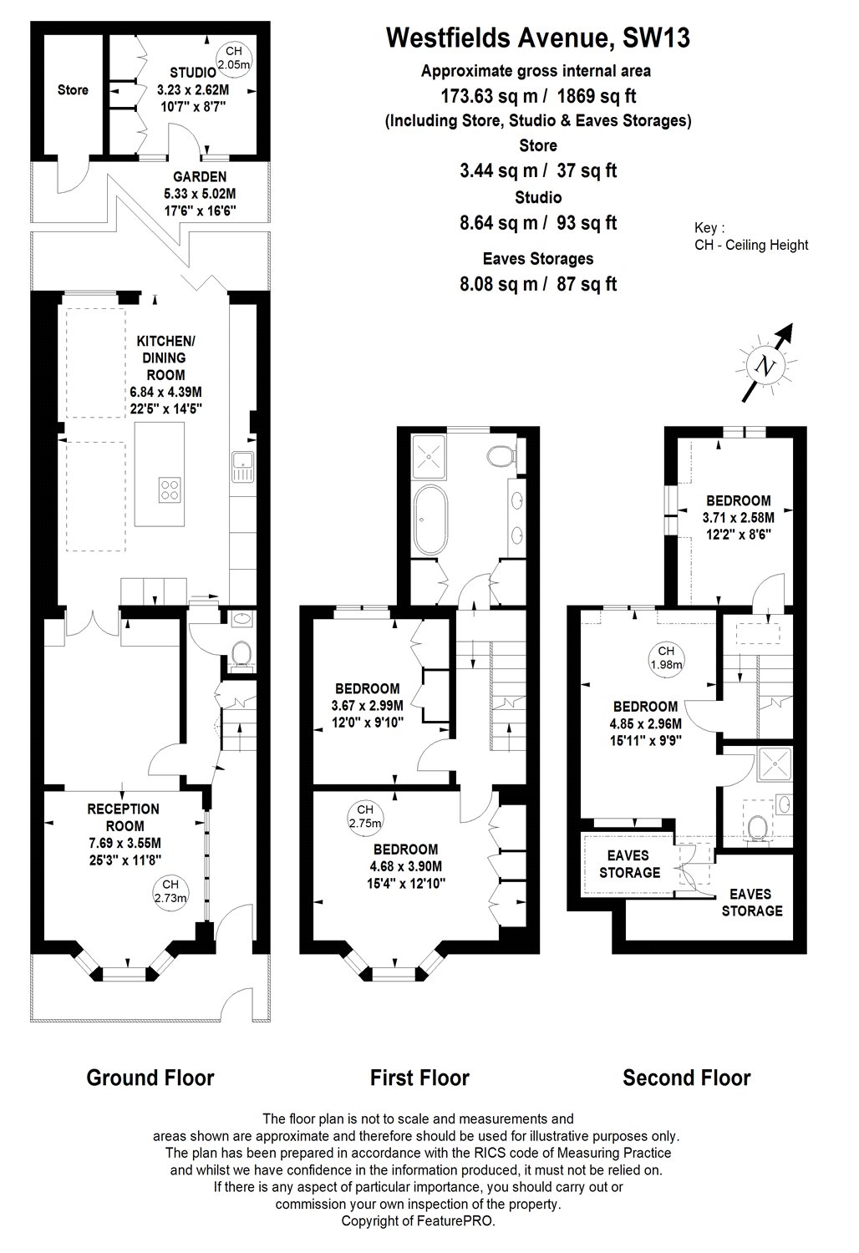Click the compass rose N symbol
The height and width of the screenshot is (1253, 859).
tap(762, 365)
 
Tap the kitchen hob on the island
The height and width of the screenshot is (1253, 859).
tap(170, 489)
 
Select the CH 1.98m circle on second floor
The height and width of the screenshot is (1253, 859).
tap(665, 658)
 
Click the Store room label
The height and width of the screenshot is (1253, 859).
tap(73, 89)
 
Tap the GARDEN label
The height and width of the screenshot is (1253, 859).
tap(200, 176)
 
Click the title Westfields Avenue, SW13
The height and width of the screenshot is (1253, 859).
tap(538, 38)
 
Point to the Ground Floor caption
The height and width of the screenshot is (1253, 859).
tap(150, 1078)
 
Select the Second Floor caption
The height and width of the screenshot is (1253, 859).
tap(686, 1078)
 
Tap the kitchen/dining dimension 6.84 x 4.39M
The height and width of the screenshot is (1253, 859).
tap(165, 392)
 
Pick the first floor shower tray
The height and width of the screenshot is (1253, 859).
tap(432, 455)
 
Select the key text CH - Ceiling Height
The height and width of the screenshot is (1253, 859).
tap(751, 245)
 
